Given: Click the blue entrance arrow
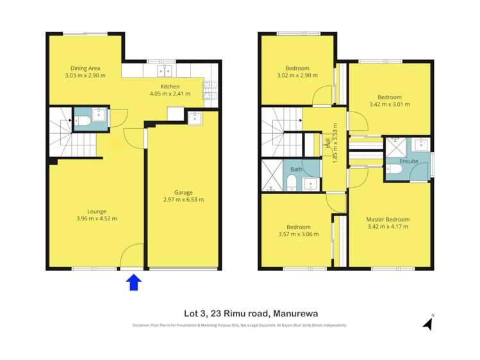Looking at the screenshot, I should coord(133,282).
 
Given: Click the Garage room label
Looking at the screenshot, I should coord(184,192).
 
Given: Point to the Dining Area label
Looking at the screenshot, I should coord(85,69).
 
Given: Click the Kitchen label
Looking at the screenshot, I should coord(170,86).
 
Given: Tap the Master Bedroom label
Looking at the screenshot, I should coord(388,219).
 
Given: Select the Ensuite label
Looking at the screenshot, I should coord(409,161).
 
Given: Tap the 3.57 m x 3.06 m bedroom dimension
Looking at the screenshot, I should coord(298,234).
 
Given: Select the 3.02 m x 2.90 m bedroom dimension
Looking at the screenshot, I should coord(297,76).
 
